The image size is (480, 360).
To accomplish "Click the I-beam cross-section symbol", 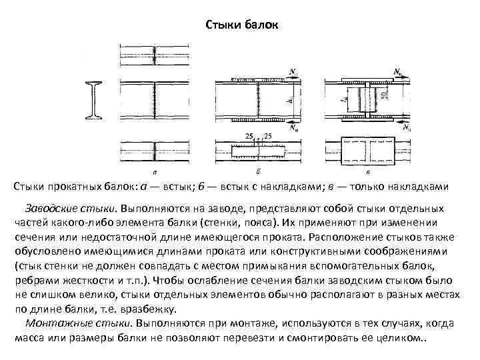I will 95,100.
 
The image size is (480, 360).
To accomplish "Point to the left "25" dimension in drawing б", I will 249,137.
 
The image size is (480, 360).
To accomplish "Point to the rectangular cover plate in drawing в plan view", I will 368,149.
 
